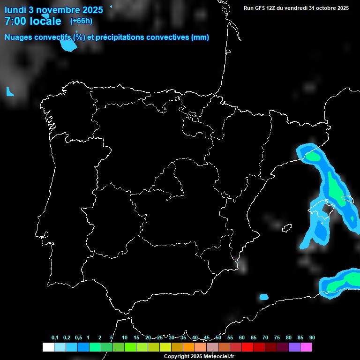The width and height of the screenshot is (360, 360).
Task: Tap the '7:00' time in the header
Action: click(x=16, y=21)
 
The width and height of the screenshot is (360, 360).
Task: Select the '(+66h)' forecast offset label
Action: click(x=81, y=21)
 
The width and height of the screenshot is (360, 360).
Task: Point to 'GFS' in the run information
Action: click(x=260, y=8)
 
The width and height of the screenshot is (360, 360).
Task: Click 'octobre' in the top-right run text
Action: click(x=321, y=8)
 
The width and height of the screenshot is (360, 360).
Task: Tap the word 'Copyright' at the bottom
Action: click(x=177, y=356)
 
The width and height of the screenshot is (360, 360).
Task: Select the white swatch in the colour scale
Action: click(x=48, y=347)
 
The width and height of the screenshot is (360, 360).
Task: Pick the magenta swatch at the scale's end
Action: click(x=306, y=347)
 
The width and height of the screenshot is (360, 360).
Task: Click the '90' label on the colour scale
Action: click(x=312, y=338)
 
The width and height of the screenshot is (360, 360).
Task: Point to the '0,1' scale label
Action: click(x=55, y=338)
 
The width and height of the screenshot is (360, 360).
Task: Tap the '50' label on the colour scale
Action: click(x=218, y=338)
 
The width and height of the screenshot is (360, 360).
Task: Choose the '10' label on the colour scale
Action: click(x=125, y=338)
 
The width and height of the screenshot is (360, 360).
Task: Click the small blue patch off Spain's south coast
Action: click(x=264, y=297)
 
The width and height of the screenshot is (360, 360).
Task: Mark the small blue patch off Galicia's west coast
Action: click(x=10, y=92)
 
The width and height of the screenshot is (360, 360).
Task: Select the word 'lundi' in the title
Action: click(x=16, y=10)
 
